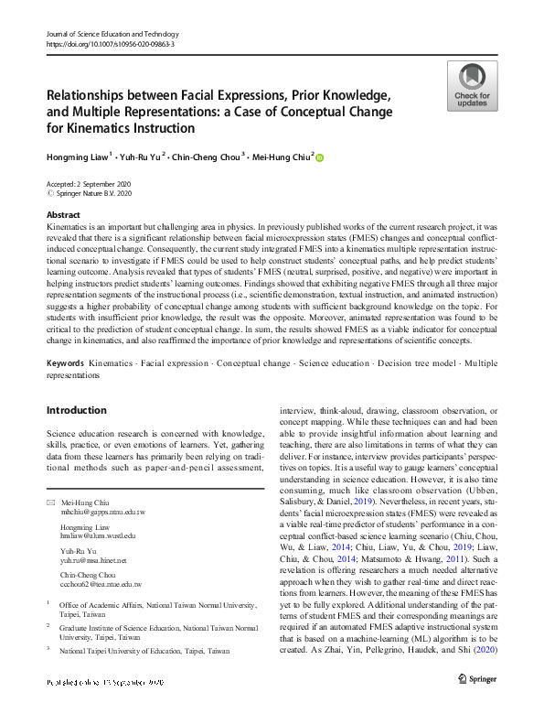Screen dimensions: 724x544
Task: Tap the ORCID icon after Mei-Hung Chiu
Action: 320,157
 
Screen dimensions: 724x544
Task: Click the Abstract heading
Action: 63,214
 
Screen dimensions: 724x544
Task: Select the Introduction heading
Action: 77,410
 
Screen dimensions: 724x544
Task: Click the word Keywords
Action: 66,363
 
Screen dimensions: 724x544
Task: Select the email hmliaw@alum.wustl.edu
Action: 97,535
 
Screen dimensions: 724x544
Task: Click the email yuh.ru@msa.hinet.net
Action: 93,559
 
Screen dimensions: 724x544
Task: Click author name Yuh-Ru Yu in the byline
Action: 141,157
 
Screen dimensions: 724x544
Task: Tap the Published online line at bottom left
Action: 105,708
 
